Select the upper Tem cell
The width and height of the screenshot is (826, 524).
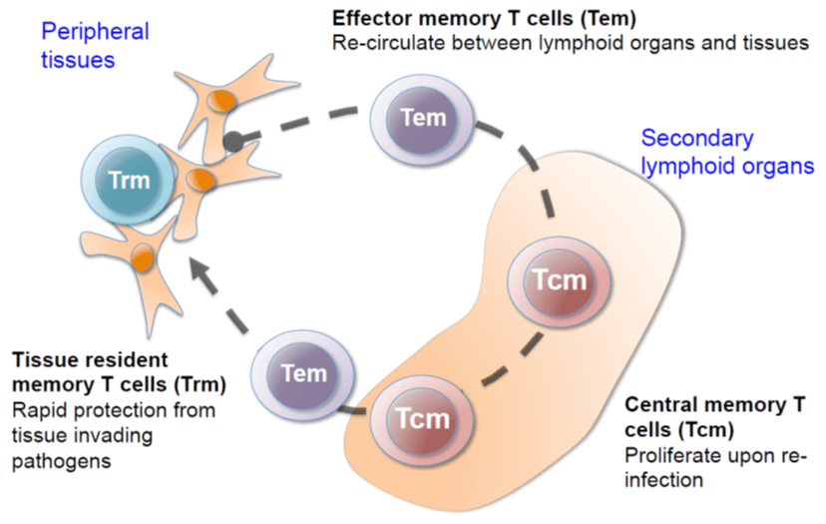coord(422,118)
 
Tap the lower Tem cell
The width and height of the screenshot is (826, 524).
coord(304,374)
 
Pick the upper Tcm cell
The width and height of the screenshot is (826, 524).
coord(559,280)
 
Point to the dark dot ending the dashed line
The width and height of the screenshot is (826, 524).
coord(232,142)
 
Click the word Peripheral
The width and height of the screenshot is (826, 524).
coord(95,31)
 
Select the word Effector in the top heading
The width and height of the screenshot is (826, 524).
coord(371,19)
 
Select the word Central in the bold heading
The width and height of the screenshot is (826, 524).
coord(658,405)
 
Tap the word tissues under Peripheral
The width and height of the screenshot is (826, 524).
coord(78,59)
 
